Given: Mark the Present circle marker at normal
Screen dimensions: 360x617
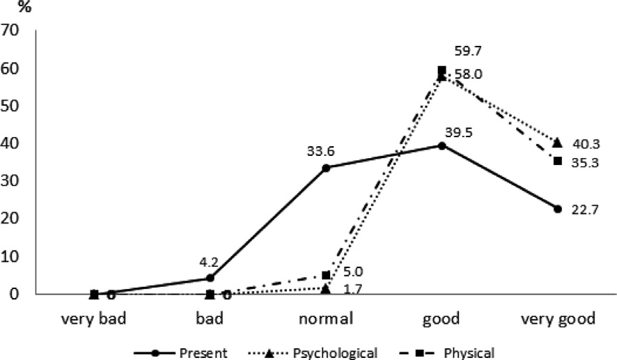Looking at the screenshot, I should [326, 168].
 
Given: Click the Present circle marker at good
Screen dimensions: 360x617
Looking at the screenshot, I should [442, 146].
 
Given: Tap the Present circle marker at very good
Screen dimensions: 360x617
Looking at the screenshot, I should [557, 208].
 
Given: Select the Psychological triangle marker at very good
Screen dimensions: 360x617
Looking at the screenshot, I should [557, 143].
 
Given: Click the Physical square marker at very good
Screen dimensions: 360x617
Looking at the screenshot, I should [557, 161].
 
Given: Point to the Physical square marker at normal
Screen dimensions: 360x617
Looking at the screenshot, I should [326, 275].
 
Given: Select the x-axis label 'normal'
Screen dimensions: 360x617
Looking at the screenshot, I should [326, 320].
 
